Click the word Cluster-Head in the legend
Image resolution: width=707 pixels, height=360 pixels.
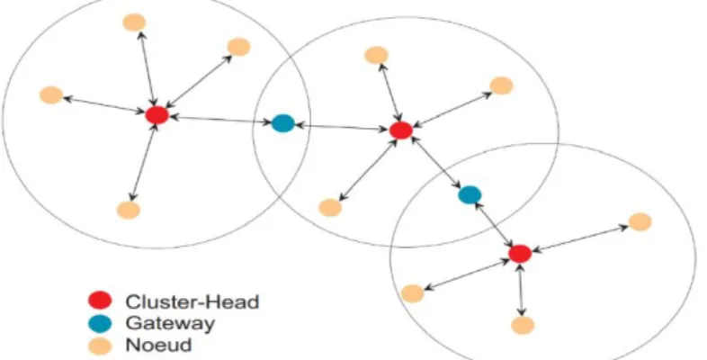[x=192, y=301]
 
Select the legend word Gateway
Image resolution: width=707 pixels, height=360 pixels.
[x=170, y=323]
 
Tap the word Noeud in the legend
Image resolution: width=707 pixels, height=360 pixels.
[x=158, y=345]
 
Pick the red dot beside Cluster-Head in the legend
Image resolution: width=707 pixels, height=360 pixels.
[x=100, y=301]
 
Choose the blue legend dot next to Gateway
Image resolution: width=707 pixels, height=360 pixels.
[x=100, y=323]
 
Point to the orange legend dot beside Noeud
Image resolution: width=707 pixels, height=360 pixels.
[x=100, y=346]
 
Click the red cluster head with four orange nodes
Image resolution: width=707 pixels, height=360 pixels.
[x=157, y=115]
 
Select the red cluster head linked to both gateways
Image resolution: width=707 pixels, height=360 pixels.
[x=401, y=130]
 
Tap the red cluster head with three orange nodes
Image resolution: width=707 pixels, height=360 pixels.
[x=520, y=254]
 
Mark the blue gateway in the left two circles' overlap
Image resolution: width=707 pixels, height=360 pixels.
[x=283, y=123]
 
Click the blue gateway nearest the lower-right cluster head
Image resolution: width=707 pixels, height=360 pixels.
[x=470, y=195]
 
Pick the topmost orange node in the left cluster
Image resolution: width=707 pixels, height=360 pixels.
[x=134, y=22]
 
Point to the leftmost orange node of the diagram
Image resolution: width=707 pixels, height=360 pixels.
[x=51, y=95]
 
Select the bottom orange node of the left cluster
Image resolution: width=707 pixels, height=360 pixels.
[x=129, y=211]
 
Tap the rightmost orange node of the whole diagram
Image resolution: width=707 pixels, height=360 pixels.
[x=640, y=222]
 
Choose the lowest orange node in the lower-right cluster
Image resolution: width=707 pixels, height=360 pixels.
[x=523, y=325]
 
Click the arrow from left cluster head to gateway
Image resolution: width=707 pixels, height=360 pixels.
[x=220, y=119]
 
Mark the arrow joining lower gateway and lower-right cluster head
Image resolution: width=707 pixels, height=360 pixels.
[x=495, y=224]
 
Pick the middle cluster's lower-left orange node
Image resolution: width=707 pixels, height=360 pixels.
[x=330, y=208]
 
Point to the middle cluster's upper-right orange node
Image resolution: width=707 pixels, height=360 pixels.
[x=501, y=85]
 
